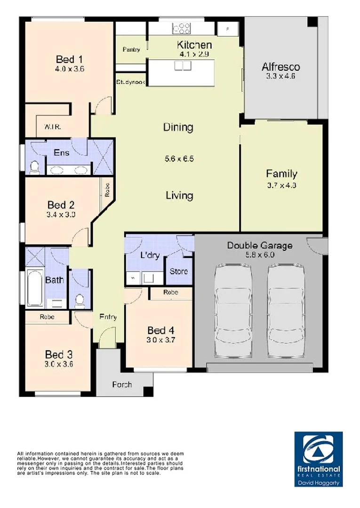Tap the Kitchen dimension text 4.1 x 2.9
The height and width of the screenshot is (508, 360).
[x=194, y=54]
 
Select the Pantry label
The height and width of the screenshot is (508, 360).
[x=131, y=49]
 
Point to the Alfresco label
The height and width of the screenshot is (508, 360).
[x=280, y=66]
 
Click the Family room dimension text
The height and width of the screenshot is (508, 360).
[x=281, y=185]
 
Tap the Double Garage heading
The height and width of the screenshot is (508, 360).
[x=260, y=245]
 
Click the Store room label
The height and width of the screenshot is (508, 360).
[x=178, y=271]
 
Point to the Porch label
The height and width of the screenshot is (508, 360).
[x=121, y=385]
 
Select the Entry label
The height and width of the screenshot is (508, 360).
[x=108, y=317]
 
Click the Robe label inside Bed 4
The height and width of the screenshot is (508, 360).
[x=170, y=292]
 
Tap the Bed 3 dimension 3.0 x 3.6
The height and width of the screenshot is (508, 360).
[x=59, y=364]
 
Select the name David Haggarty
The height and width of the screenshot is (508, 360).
[x=318, y=483]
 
